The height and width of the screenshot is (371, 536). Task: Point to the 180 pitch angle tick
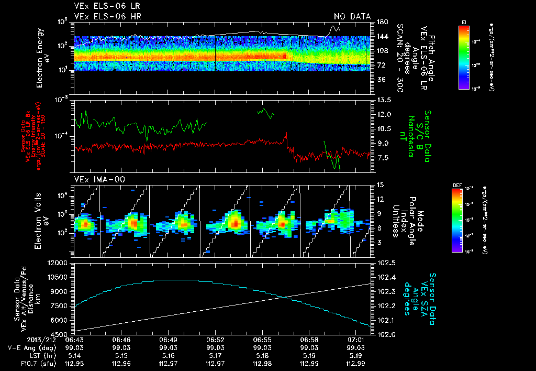click(382, 22)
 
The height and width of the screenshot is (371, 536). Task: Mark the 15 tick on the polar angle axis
click(379, 184)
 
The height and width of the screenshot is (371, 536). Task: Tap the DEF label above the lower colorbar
click(455, 185)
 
